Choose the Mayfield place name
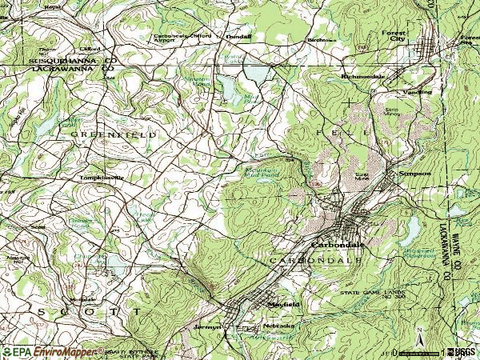[282, 304]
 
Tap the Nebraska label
[279, 326]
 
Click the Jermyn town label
[206, 326]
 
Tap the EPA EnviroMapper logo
[48, 351]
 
